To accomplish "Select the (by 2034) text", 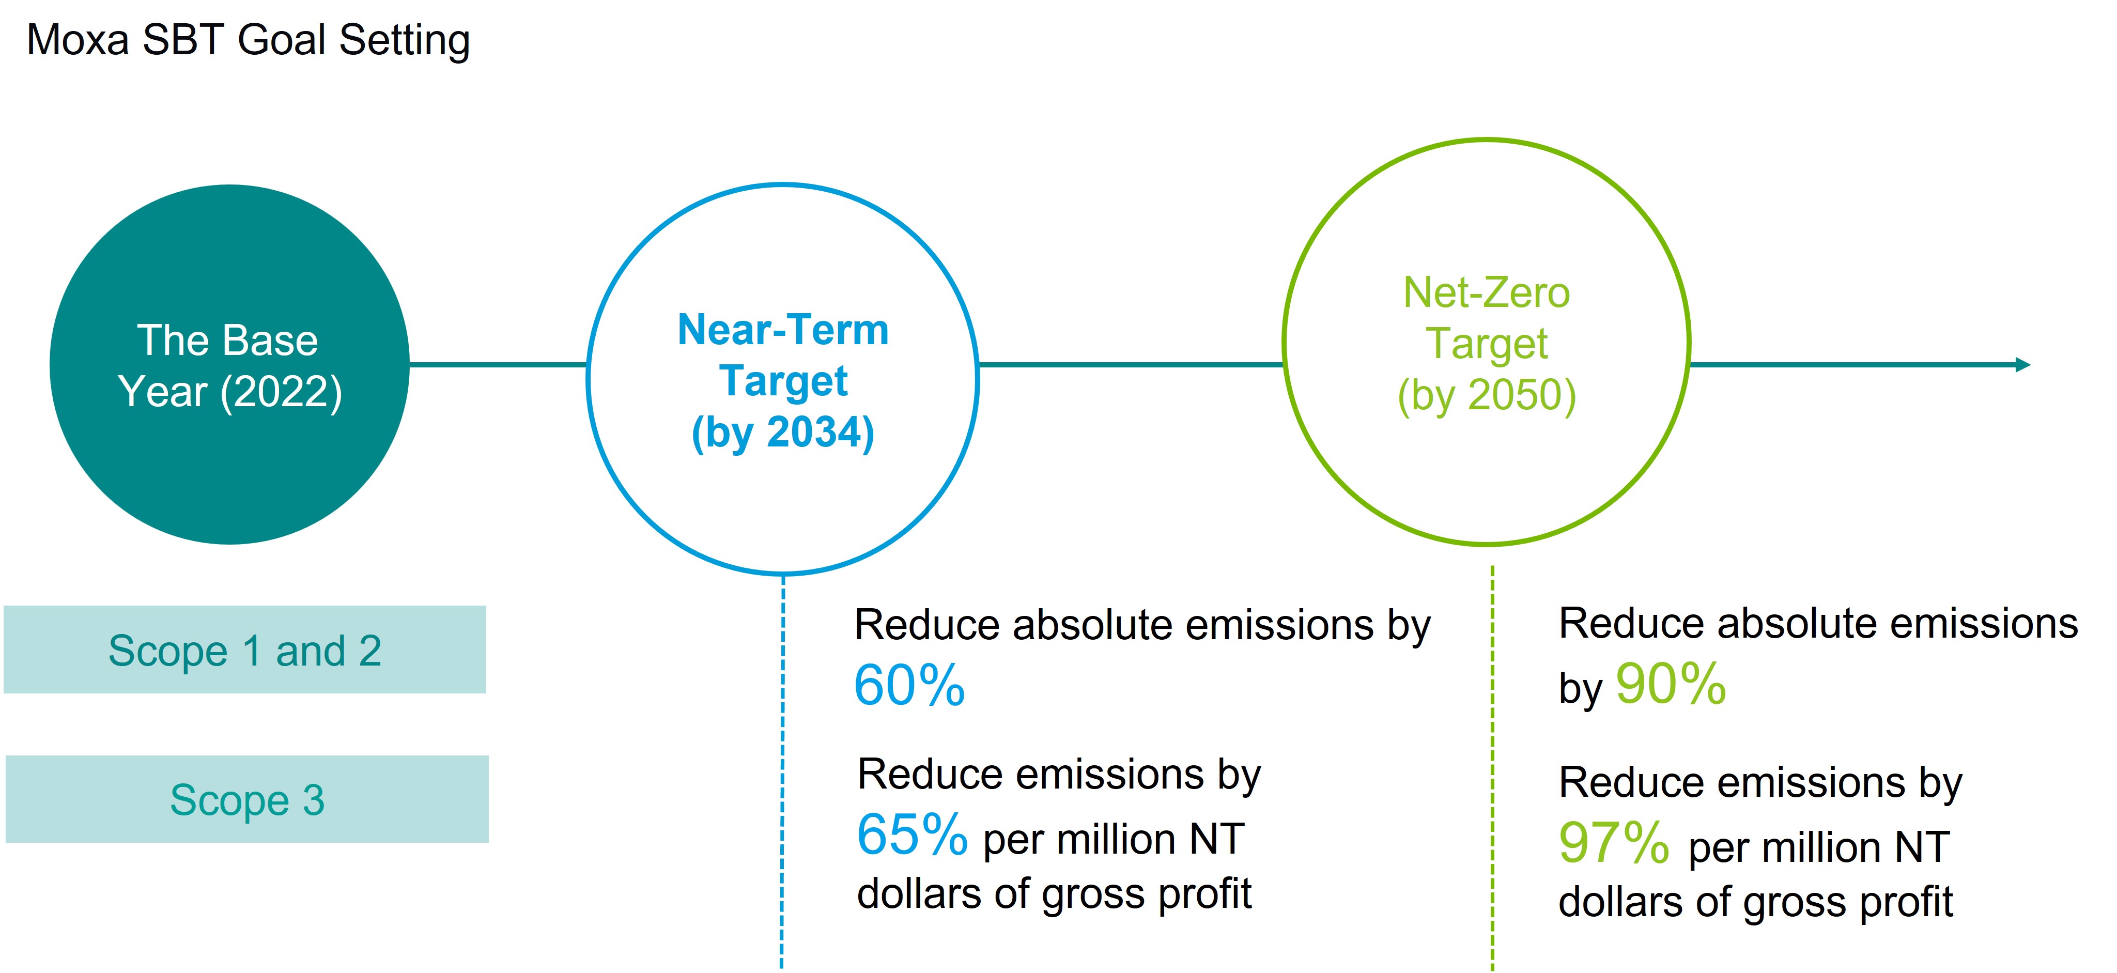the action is (783, 433).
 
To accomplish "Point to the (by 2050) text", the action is (1487, 395).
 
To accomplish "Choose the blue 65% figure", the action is (912, 835).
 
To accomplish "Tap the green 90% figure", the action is (1671, 684).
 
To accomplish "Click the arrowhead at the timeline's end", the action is (2024, 365).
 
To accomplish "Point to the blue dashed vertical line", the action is (782, 773).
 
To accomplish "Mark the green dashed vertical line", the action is (1492, 768).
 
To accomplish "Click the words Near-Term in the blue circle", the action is (783, 330).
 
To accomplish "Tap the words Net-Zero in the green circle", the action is (1487, 292).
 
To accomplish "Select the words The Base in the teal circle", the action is (228, 340).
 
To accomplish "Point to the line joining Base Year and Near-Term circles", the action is (498, 365).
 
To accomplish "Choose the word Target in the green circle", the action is (1487, 344).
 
